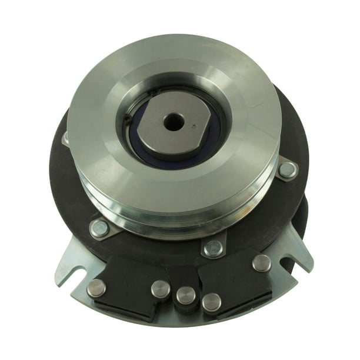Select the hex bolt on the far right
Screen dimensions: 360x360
tap(287, 170)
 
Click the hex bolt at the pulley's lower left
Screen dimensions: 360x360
tap(100, 229)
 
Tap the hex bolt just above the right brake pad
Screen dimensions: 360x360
tap(214, 248)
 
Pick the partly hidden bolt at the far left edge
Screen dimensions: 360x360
tap(66, 138)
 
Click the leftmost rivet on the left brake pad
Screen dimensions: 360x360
tap(96, 288)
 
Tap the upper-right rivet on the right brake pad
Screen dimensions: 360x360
tap(262, 263)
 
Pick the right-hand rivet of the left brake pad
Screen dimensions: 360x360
tap(160, 288)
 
